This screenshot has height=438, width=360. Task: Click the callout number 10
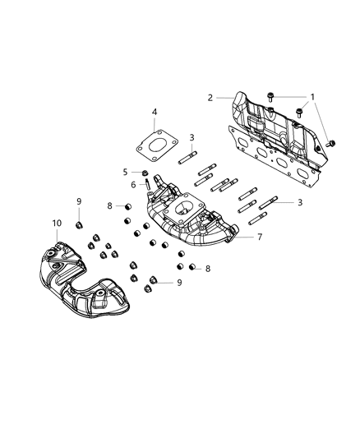pyautogui.click(x=57, y=224)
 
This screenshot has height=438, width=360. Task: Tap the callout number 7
pyautogui.click(x=261, y=237)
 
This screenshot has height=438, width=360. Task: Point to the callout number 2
pyautogui.click(x=210, y=98)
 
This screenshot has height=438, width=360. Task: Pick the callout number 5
pyautogui.click(x=126, y=172)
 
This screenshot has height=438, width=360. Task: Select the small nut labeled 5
pyautogui.click(x=145, y=173)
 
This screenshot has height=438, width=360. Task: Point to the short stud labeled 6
pyautogui.click(x=147, y=189)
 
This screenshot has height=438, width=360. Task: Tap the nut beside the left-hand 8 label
pyautogui.click(x=130, y=206)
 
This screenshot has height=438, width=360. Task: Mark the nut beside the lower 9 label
pyautogui.click(x=148, y=288)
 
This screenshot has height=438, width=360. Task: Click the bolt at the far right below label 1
pyautogui.click(x=331, y=142)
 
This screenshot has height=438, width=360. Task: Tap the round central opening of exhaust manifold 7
pyautogui.click(x=196, y=207)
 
